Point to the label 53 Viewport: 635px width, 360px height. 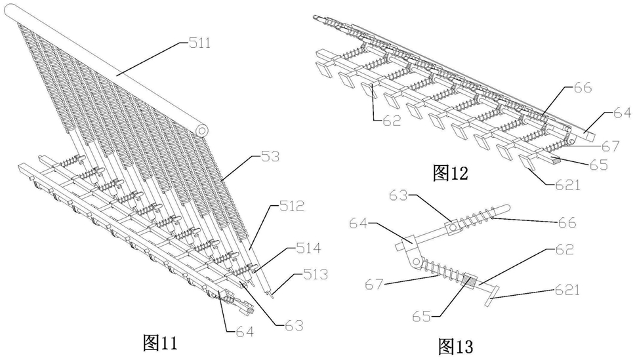270,157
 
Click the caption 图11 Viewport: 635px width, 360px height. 160,342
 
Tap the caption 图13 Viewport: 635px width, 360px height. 455,346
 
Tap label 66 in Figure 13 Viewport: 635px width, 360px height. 567,222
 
